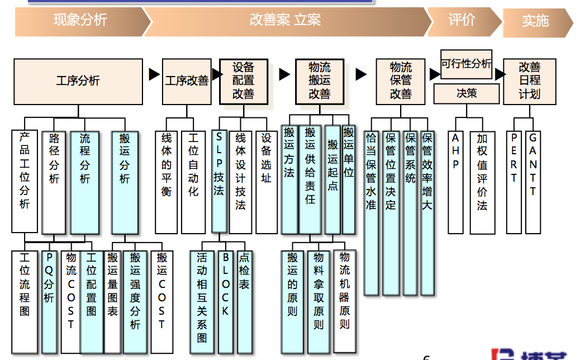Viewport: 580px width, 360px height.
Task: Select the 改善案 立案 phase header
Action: tap(285, 21)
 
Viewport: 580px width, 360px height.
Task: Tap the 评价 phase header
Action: tap(462, 20)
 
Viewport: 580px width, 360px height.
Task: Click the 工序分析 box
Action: tap(78, 82)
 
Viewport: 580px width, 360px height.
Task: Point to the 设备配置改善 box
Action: tap(243, 82)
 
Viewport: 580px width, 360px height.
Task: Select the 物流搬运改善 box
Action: tap(319, 82)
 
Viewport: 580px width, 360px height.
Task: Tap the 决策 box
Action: tap(467, 93)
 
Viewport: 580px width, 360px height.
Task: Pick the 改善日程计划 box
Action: tap(529, 82)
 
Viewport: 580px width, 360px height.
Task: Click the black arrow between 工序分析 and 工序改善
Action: tap(154, 75)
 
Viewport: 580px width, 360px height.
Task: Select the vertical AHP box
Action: tap(455, 182)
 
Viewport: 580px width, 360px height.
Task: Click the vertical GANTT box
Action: tap(533, 182)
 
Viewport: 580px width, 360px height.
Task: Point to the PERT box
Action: tap(514, 182)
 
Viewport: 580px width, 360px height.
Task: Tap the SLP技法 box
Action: tap(219, 181)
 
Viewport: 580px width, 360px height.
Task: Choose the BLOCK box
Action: tap(225, 301)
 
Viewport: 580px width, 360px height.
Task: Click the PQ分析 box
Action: tap(49, 301)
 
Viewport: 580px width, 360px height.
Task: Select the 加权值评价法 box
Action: tap(482, 182)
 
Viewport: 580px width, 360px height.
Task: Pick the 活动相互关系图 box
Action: tap(202, 301)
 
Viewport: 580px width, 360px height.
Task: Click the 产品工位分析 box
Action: tap(25, 181)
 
